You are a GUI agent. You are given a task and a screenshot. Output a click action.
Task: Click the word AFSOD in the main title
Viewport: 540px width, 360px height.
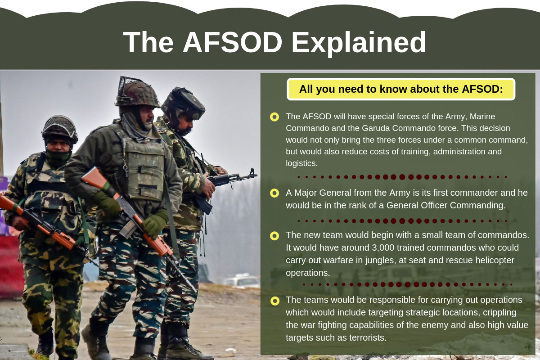232,42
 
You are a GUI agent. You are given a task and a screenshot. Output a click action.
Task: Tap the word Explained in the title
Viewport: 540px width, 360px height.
359,42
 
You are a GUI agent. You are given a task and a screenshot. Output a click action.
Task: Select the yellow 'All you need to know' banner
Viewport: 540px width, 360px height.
401,89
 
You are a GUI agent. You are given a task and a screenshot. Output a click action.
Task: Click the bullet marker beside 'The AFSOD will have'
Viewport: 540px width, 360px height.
274,117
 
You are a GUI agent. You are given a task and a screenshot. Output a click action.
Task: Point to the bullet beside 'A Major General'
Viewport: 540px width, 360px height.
274,193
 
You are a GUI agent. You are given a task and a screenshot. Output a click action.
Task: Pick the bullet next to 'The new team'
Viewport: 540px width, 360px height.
274,235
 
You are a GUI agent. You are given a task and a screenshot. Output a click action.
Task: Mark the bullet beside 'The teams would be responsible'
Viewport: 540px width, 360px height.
274,301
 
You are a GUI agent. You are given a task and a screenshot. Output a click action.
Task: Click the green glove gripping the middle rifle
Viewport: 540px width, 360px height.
155,224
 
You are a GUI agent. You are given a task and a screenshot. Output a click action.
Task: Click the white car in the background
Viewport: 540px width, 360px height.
242,281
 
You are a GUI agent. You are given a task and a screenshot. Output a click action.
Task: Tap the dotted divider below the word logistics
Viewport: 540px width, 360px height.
402,177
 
